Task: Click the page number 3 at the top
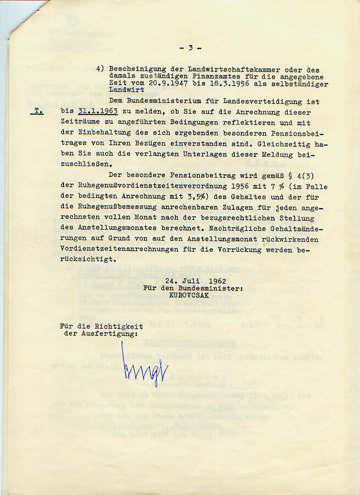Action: tap(191, 48)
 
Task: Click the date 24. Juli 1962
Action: tap(196, 281)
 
